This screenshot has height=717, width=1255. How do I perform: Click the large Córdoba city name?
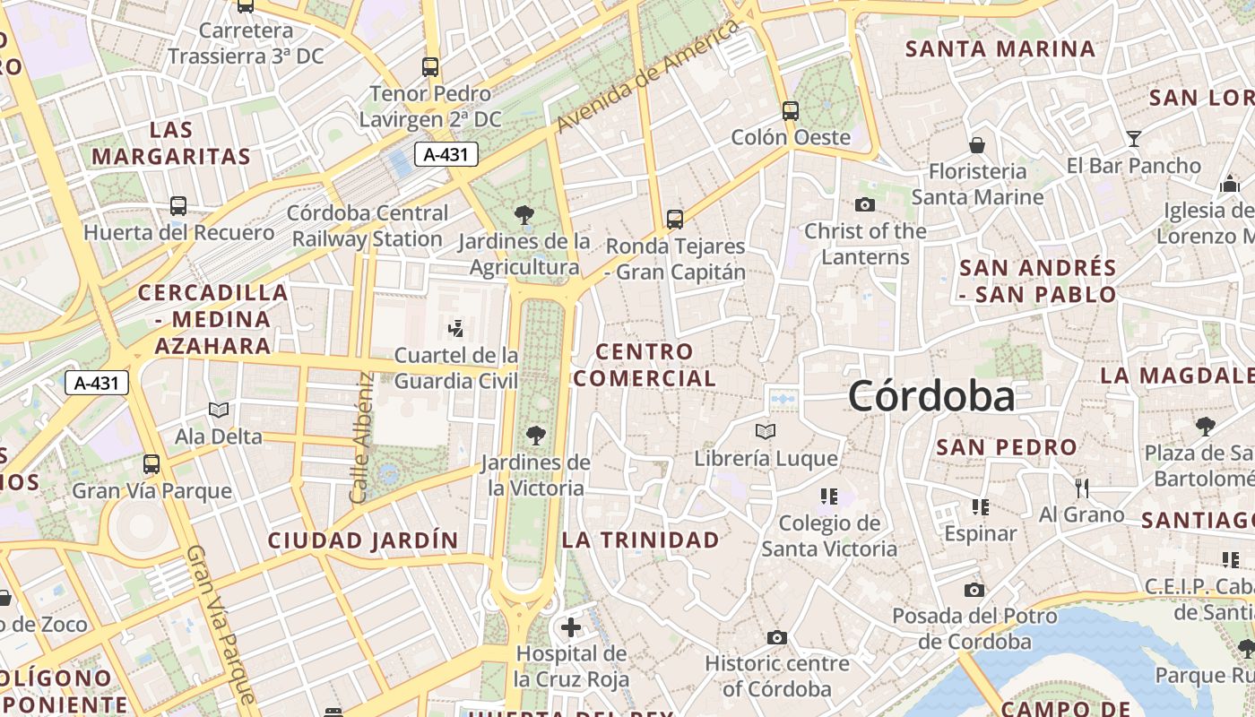tap(931, 396)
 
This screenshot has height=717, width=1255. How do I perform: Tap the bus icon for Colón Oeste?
tap(790, 110)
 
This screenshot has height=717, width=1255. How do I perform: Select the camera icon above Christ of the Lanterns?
tap(865, 204)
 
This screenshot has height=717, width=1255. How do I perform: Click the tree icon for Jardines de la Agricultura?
tap(524, 215)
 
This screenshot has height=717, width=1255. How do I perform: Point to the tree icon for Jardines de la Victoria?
tap(536, 436)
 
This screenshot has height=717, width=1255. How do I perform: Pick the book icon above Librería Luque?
tap(765, 432)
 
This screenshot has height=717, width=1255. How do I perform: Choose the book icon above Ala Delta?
tap(219, 410)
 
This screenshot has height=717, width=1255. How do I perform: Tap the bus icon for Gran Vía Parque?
tap(151, 464)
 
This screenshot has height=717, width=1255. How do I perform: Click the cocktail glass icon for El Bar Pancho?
tap(1134, 139)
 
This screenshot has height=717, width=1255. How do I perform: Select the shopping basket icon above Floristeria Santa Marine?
tap(977, 144)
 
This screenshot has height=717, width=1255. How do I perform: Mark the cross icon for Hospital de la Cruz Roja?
tap(571, 626)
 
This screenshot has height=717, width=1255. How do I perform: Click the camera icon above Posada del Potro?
tap(974, 590)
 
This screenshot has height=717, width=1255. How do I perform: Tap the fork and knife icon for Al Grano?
tap(1082, 488)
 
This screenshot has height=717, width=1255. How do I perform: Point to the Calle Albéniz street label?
tap(361, 436)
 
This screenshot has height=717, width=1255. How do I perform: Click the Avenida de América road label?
tap(649, 76)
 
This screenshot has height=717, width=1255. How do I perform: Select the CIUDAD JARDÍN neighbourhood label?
tap(363, 540)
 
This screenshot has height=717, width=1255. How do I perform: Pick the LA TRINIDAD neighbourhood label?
tap(640, 540)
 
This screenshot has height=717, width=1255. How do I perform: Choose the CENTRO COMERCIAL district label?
tap(645, 365)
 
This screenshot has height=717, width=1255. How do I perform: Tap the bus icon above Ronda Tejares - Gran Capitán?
tap(675, 219)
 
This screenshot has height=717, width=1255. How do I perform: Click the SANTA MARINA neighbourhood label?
tap(1000, 48)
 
